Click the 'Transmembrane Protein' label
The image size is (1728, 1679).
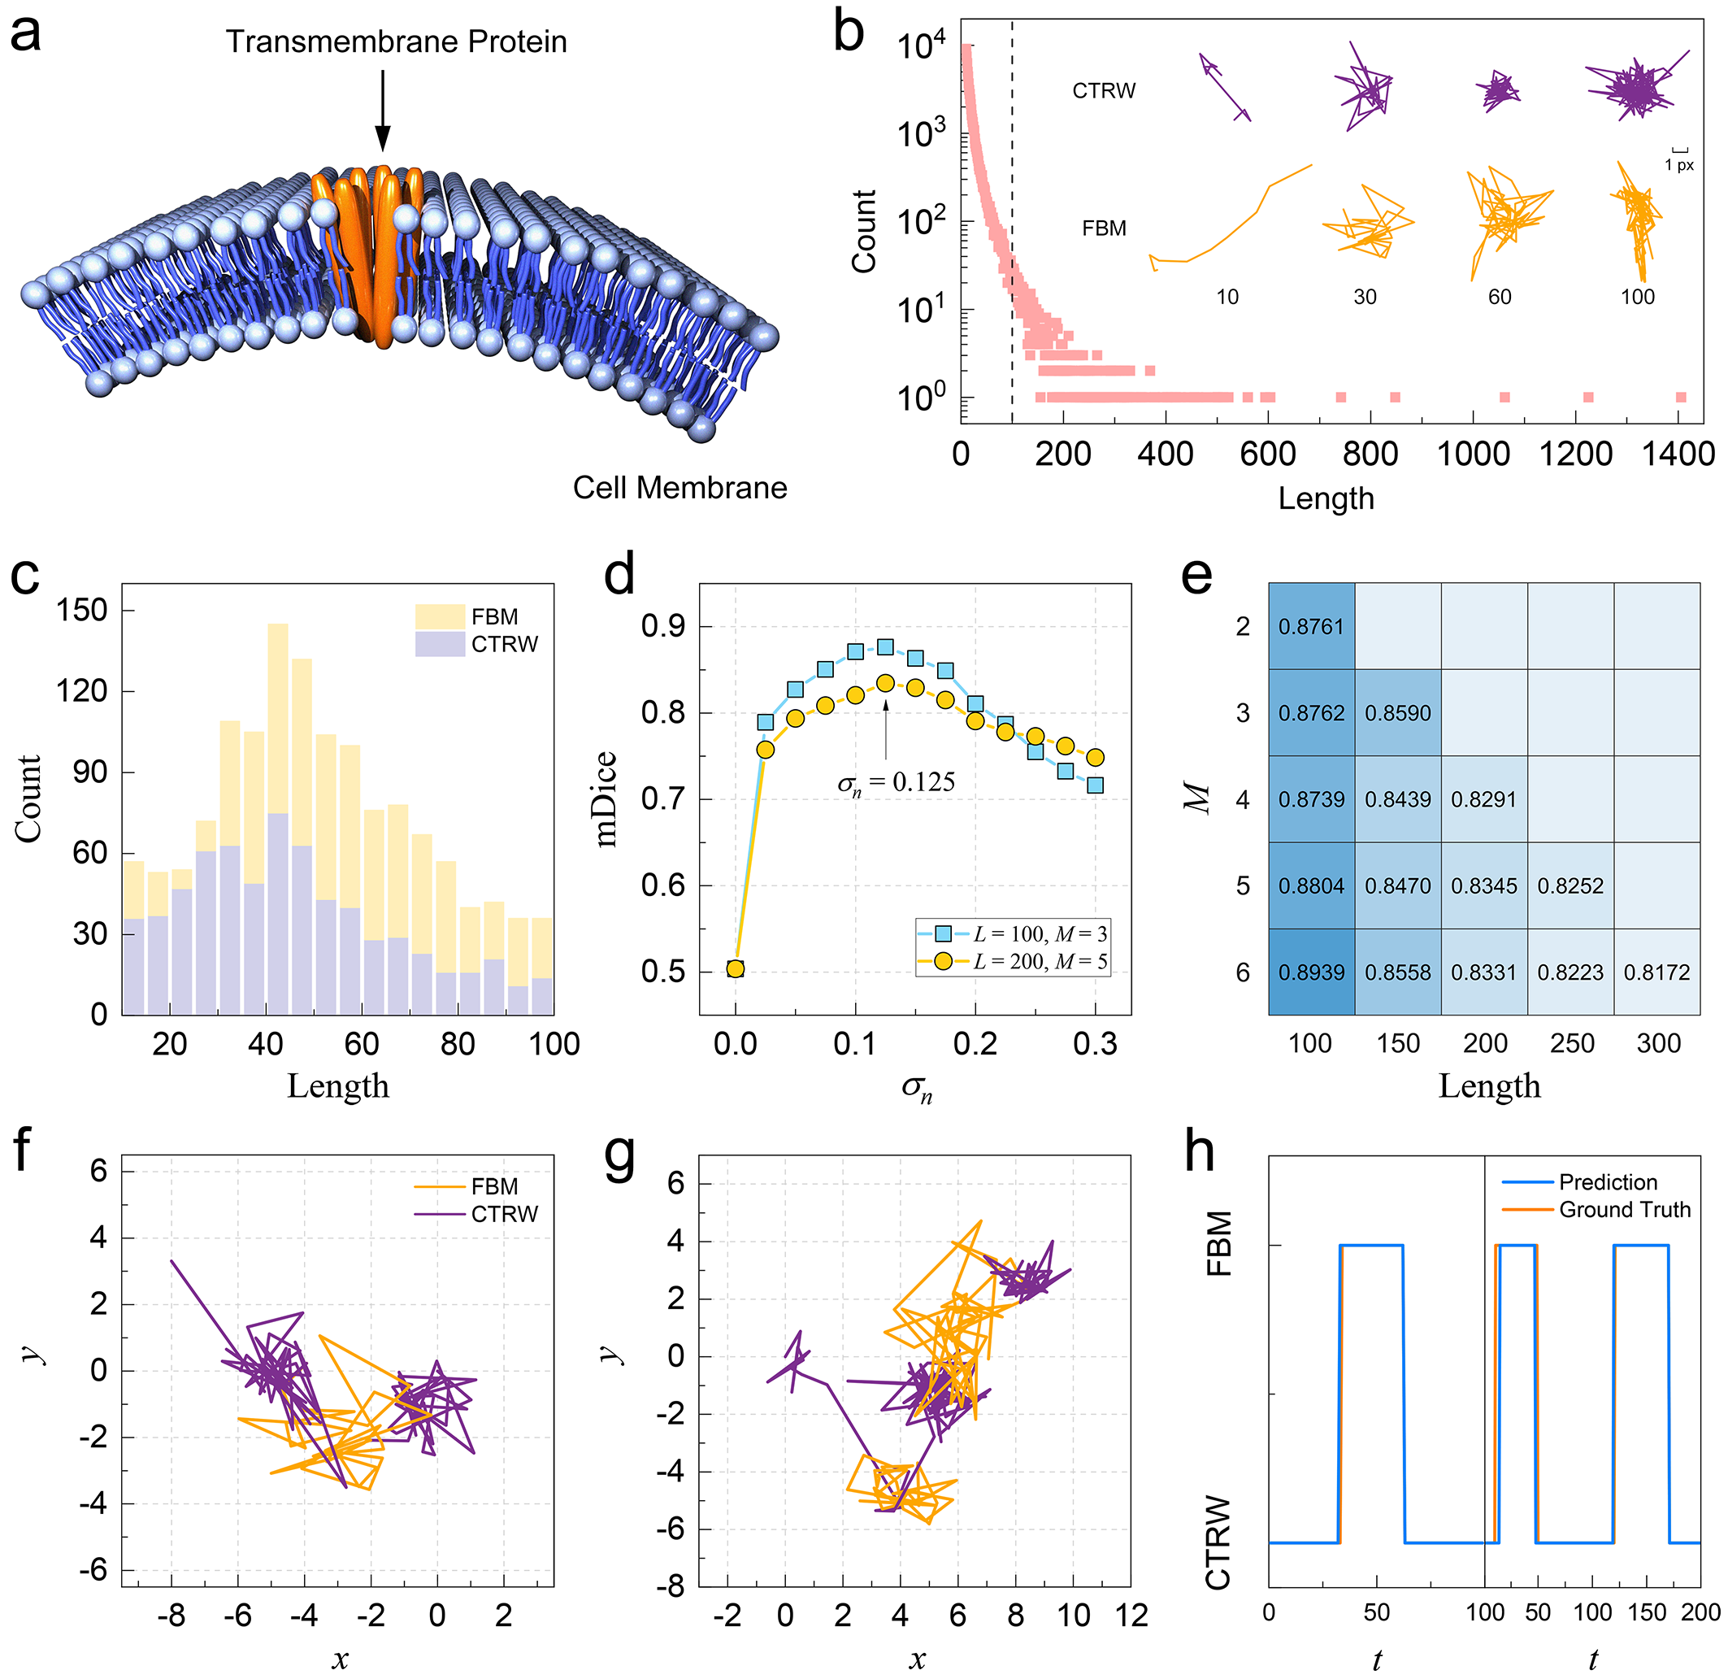396,41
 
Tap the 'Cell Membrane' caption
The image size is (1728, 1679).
679,488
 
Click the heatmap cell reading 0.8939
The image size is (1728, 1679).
1311,972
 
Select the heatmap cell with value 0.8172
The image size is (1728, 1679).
1656,972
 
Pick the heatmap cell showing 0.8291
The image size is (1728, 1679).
1484,799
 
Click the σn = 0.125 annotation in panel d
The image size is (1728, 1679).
896,782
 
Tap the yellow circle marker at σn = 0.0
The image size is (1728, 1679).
736,969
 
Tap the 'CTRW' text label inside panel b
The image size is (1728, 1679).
1104,91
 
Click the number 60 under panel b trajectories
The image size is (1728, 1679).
1500,297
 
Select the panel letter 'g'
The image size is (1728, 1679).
620,1156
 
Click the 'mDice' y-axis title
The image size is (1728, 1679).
606,799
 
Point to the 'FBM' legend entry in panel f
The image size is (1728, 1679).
493,1186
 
